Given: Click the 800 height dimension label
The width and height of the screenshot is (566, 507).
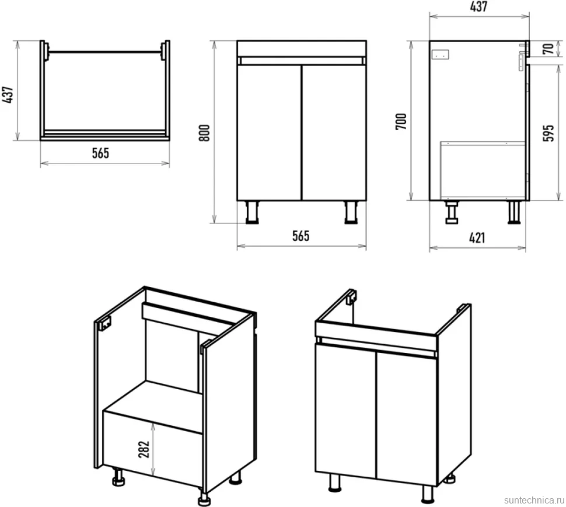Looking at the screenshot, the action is point(204,133).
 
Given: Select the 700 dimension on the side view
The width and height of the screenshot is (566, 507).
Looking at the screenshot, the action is point(401,121).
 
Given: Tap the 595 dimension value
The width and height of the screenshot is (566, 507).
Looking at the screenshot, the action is point(548,133).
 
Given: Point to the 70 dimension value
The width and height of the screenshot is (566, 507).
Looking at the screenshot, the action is point(548,48).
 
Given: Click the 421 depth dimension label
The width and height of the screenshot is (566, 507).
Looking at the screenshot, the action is point(477,238).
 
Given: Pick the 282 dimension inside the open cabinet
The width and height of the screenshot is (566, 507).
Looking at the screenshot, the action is point(144,449).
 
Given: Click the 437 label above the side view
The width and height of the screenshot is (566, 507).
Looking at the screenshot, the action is point(478,6).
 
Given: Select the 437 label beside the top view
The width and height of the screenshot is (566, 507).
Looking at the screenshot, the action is point(8,95).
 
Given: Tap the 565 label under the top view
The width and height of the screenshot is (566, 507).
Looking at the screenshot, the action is point(100,153).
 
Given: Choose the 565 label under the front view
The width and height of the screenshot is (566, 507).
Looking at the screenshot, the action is point(301,236).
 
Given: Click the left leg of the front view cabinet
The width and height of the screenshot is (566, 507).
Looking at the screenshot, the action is point(252,212).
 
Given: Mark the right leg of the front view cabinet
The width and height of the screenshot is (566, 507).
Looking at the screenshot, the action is point(351,212).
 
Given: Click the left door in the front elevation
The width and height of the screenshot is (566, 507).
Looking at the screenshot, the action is point(270,133).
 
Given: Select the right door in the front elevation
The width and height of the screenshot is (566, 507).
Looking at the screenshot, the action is point(334,133).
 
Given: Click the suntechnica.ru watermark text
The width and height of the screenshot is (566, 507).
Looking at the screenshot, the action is point(534,500).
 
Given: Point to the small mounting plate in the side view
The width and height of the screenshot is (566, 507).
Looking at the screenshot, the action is point(441,55).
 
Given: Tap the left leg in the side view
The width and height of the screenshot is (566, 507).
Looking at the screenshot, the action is point(452,212).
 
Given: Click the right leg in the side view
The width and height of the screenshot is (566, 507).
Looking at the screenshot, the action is point(515,212).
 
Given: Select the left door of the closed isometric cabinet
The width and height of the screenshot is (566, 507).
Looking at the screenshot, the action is point(346,411).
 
